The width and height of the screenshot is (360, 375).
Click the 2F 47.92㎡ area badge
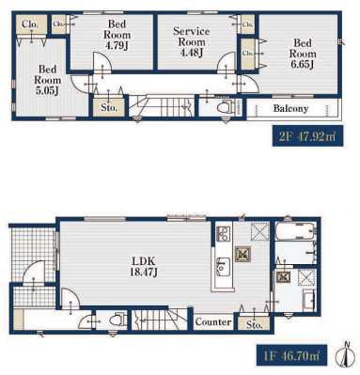click(307, 136)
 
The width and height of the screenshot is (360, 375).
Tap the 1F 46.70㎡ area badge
click(291, 355)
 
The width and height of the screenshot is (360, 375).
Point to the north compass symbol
click(346, 355)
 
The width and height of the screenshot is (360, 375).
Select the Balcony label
click(290, 109)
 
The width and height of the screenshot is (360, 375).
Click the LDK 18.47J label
click(144, 266)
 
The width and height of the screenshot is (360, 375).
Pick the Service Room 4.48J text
click(192, 41)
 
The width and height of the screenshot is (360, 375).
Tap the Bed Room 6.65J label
click(303, 54)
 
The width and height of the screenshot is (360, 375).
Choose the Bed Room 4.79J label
click(117, 35)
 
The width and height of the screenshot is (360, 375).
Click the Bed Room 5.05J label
click(48, 80)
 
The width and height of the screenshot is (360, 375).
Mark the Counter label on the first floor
click(213, 321)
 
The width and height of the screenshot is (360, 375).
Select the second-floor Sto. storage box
click(109, 107)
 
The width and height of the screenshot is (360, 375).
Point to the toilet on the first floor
click(119, 320)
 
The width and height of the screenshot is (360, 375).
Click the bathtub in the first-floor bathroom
click(295, 231)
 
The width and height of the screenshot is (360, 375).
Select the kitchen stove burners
click(224, 234)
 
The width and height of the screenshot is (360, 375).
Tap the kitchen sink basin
click(223, 267)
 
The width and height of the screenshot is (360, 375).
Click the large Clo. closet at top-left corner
click(31, 24)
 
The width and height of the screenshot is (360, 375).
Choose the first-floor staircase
click(159, 320)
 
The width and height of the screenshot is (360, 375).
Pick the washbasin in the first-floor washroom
click(309, 300)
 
